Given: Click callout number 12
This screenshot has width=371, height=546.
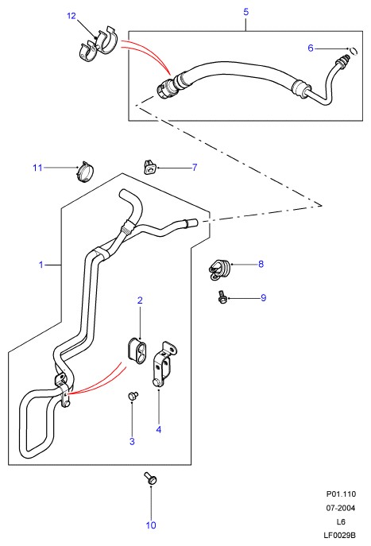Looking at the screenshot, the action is [x=71, y=16].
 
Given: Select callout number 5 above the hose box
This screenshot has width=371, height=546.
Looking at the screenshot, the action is [x=246, y=12].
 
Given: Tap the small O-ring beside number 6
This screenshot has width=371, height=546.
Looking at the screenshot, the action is [x=354, y=51].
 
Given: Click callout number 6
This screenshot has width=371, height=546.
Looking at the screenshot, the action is [x=311, y=48].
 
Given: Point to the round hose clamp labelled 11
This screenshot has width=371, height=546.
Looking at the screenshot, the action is [x=85, y=172].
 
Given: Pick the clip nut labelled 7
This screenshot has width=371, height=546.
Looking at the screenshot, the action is [x=149, y=167].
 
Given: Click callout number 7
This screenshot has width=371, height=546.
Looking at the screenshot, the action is [x=195, y=168].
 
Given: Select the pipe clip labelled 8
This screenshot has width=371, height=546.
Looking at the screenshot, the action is [x=218, y=269].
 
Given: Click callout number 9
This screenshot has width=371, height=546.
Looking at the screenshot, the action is [x=264, y=298].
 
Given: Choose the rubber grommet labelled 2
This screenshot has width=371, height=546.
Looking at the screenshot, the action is [x=137, y=350].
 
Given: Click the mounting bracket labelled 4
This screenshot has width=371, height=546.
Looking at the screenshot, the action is [x=164, y=364].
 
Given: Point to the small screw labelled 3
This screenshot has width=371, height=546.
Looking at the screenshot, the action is [x=133, y=397].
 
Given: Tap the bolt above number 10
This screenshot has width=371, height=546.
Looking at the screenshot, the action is [x=150, y=478].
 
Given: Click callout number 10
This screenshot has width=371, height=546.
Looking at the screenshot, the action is [x=151, y=525].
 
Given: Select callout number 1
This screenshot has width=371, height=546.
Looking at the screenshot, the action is [x=41, y=265].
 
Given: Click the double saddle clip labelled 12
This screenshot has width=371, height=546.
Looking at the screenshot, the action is [x=97, y=45].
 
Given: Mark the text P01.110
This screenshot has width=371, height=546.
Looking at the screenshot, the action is [x=341, y=494].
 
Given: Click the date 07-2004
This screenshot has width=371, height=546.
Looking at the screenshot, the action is [x=341, y=508].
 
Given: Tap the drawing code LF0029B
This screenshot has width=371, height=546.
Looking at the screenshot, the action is [x=340, y=535].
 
